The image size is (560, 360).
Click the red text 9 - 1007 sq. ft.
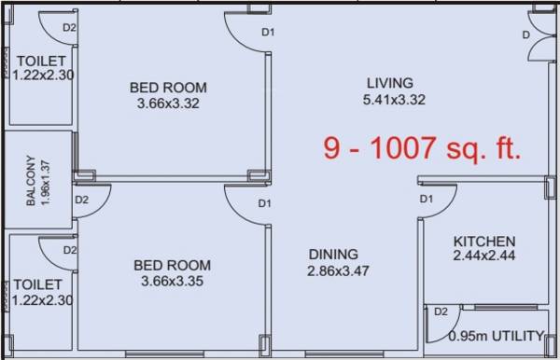click(x=422, y=148)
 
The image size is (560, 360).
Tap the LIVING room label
click(x=389, y=83)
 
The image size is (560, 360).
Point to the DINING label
click(x=333, y=254)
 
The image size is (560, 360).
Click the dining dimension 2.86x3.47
click(x=339, y=271)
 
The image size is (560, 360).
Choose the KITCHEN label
click(x=483, y=241)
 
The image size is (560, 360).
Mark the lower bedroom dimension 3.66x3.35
click(x=172, y=281)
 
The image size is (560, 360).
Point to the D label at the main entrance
click(x=526, y=35)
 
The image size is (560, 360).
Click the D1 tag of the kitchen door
click(x=427, y=199)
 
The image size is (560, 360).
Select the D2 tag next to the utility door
click(x=441, y=311)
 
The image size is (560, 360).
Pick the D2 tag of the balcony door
click(x=81, y=200)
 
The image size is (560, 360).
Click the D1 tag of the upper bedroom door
click(x=268, y=33)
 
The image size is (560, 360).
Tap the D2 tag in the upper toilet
click(x=68, y=27)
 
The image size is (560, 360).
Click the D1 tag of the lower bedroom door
click(x=264, y=203)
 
